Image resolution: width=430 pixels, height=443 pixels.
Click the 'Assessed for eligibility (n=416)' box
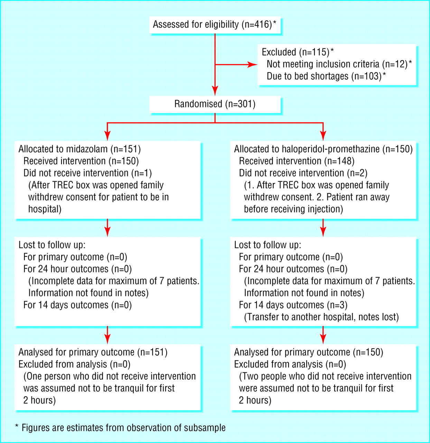[x=215, y=25]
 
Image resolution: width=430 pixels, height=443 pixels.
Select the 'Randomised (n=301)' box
[x=215, y=104]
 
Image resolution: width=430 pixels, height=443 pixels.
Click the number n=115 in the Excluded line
[x=314, y=52]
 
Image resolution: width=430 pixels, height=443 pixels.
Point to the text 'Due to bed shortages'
[x=307, y=76]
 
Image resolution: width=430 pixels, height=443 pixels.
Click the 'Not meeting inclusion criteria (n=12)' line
[x=337, y=64]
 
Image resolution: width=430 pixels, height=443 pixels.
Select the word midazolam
[x=87, y=149]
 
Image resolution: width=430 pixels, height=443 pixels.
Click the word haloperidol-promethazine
[x=331, y=149]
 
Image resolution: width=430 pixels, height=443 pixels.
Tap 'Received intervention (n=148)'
[x=297, y=161]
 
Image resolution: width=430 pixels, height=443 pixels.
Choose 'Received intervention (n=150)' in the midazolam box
[x=81, y=161]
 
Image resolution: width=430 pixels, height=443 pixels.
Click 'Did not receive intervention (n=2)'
[x=303, y=173]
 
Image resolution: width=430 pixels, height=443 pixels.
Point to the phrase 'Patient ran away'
[x=358, y=197]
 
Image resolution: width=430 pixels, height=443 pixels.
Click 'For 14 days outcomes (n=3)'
[x=293, y=305]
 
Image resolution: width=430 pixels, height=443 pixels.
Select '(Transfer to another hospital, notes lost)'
[x=321, y=317]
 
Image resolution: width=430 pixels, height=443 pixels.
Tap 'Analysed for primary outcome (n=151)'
[x=93, y=352]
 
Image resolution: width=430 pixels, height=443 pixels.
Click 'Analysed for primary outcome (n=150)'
[x=309, y=352]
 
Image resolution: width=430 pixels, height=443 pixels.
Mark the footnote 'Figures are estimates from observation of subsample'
[x=123, y=428]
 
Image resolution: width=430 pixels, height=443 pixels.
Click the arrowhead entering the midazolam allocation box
[x=107, y=136]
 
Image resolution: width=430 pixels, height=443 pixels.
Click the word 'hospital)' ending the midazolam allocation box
[x=45, y=209]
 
